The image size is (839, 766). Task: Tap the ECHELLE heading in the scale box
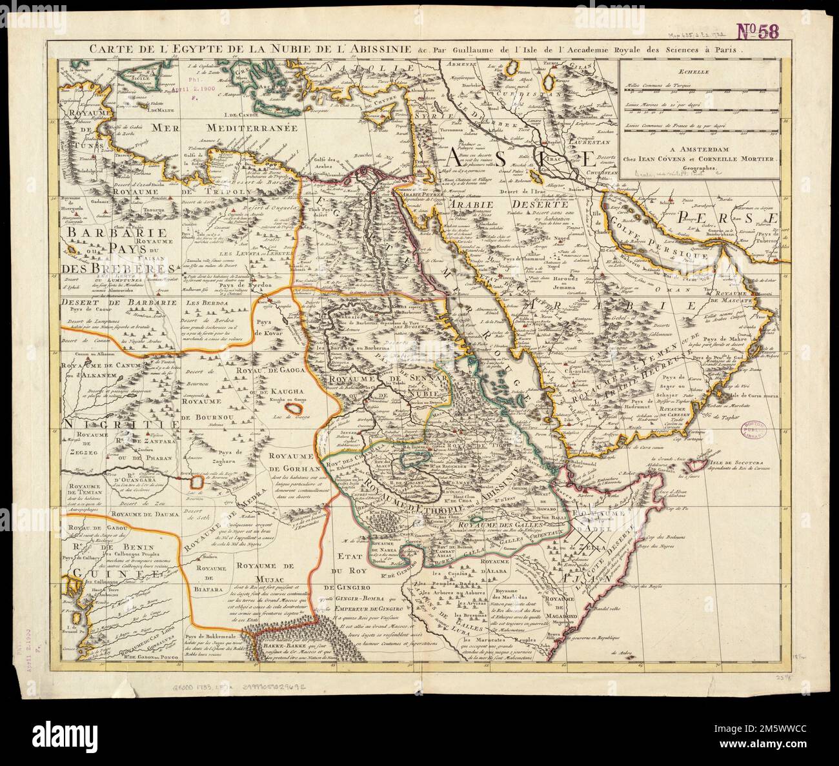coord(700,73)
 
